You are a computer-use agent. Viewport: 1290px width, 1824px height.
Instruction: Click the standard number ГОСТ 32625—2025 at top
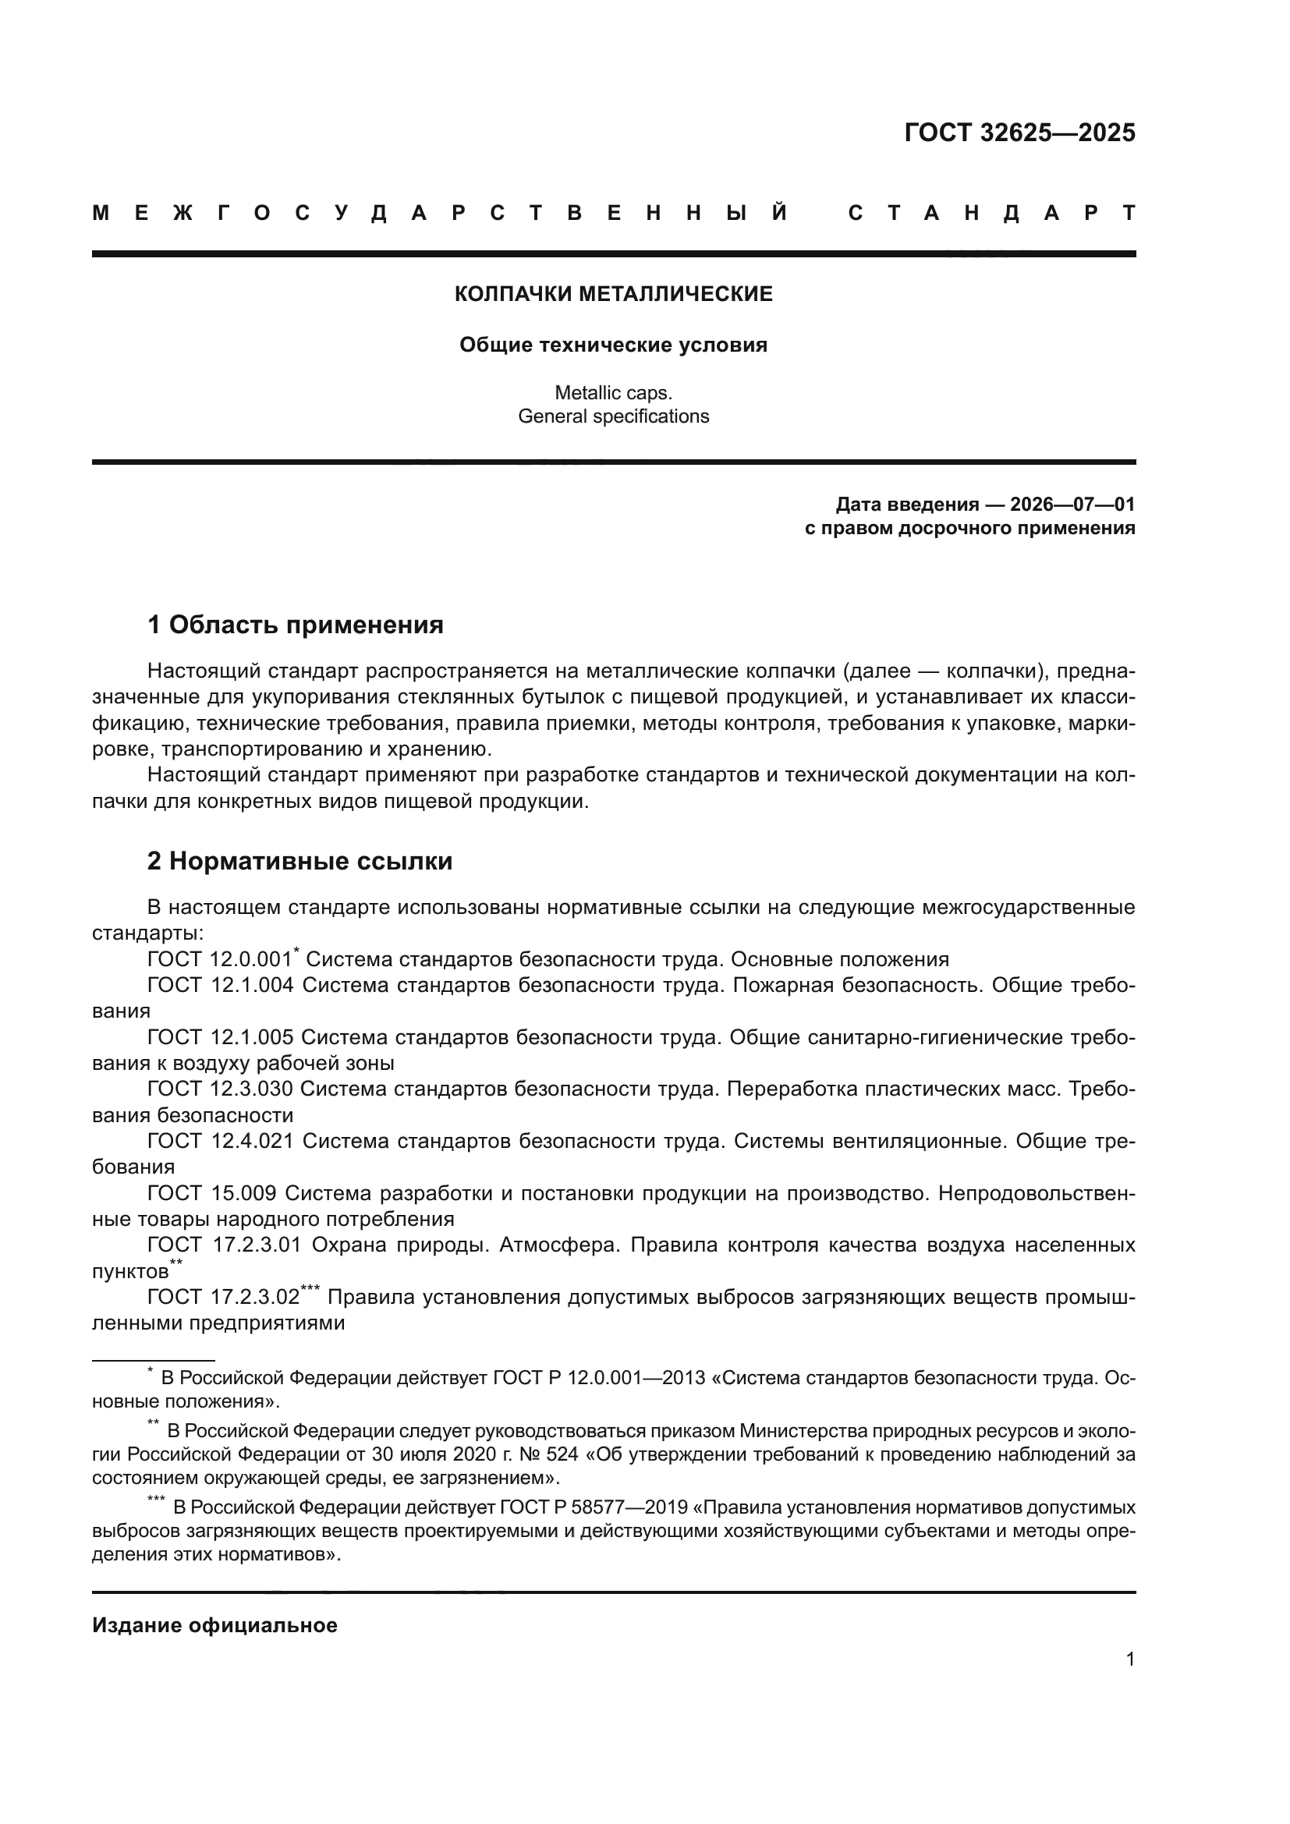coord(1019,132)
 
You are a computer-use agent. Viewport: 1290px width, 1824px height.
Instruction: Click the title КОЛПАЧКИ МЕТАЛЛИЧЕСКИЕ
coord(613,294)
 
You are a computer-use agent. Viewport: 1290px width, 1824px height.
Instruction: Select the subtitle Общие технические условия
coord(613,345)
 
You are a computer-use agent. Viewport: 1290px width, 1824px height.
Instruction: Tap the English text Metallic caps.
coord(613,392)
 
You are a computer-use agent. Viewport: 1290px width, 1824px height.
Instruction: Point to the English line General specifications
coord(613,416)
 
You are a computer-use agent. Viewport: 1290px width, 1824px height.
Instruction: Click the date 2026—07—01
coord(1072,505)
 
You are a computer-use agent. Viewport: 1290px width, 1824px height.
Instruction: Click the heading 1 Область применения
coord(295,625)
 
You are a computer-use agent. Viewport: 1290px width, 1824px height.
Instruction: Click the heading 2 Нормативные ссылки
coord(299,861)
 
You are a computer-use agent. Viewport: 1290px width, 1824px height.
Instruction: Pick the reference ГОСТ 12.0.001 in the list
coord(219,960)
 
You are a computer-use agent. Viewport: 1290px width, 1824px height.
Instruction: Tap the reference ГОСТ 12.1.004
coord(220,985)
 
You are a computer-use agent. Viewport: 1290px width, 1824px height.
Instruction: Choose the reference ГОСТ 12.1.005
coord(220,1037)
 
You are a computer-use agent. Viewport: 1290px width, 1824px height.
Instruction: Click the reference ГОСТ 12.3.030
coord(220,1089)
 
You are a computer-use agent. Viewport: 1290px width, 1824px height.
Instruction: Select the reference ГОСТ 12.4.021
coord(220,1141)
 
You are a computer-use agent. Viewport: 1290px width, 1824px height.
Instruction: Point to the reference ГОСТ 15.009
coord(211,1193)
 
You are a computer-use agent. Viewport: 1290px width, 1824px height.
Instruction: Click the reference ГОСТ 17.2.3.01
coord(224,1245)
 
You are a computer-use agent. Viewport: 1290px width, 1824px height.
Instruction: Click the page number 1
coord(1129,1659)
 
